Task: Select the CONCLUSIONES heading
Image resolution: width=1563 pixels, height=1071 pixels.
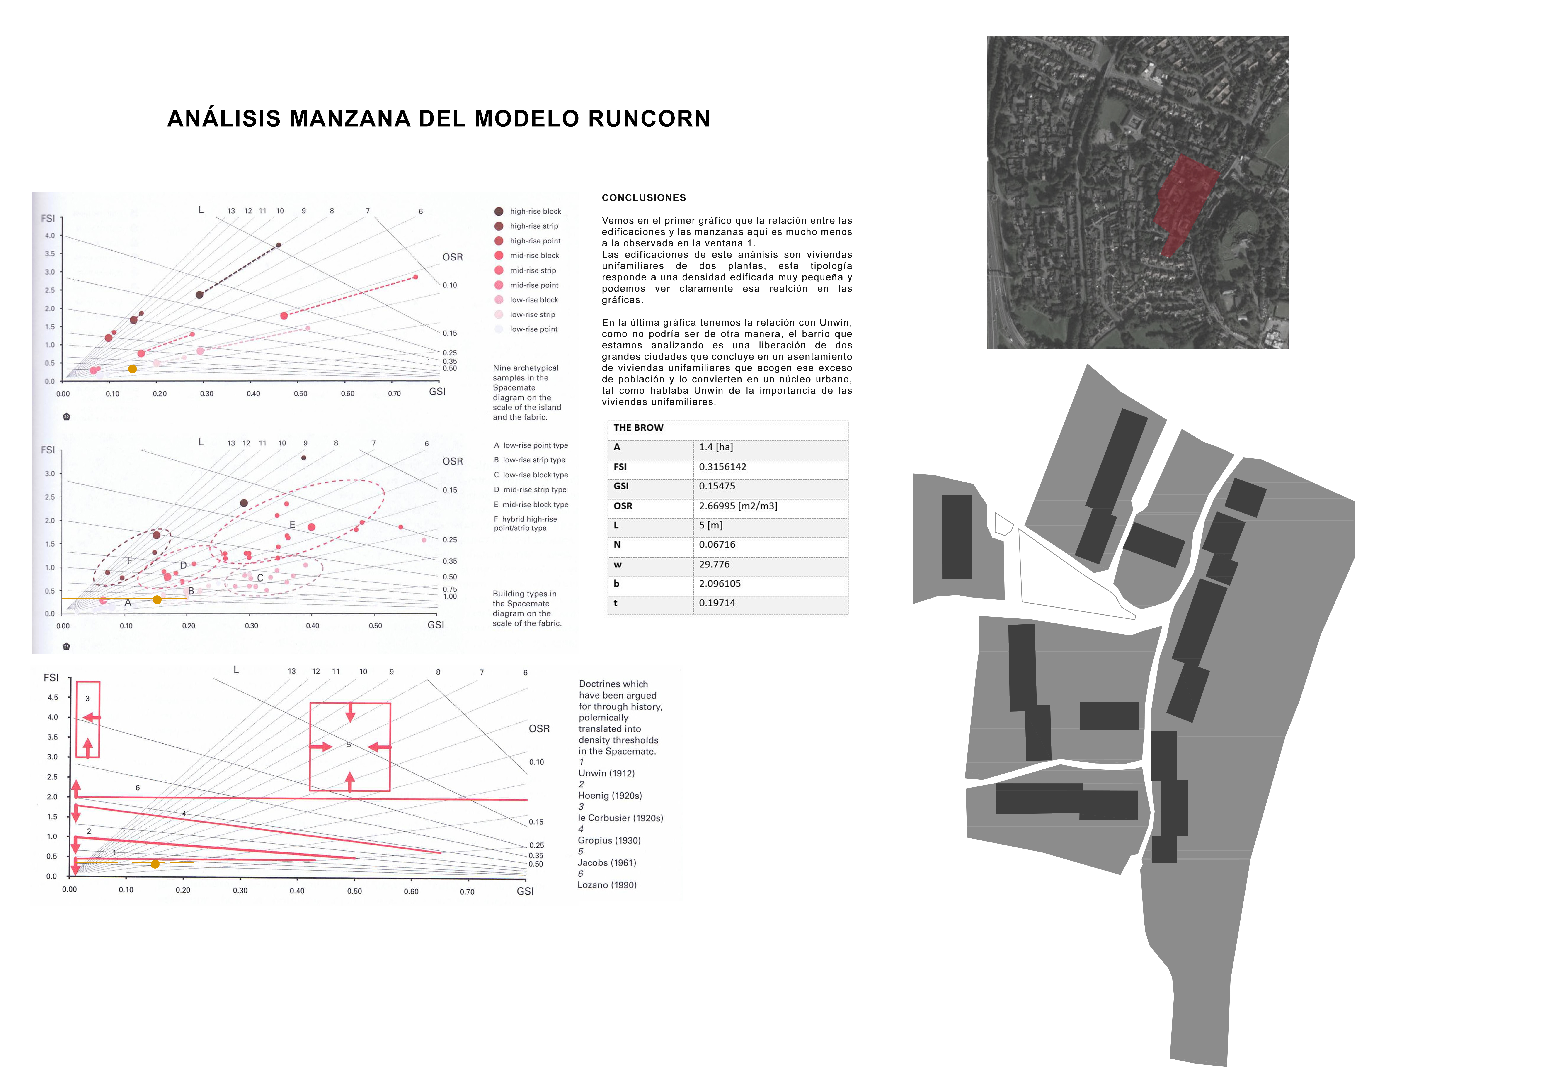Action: [x=644, y=198]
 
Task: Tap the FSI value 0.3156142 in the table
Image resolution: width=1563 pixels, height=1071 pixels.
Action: [x=722, y=467]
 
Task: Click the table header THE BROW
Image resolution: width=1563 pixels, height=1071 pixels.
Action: [x=638, y=428]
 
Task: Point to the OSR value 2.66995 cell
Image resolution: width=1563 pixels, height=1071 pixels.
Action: [x=738, y=506]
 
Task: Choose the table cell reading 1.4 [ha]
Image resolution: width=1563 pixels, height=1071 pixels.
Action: [x=716, y=447]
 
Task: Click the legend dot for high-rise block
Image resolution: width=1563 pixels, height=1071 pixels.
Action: [x=498, y=211]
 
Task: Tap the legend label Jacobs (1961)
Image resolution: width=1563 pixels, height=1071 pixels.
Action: [x=607, y=862]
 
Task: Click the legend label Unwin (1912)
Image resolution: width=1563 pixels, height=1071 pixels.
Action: [x=606, y=773]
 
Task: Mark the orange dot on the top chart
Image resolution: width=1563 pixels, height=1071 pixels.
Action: [x=133, y=369]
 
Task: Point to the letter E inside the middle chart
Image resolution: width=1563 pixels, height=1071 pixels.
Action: [x=293, y=524]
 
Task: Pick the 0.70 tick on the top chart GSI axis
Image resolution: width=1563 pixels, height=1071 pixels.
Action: [x=394, y=394]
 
